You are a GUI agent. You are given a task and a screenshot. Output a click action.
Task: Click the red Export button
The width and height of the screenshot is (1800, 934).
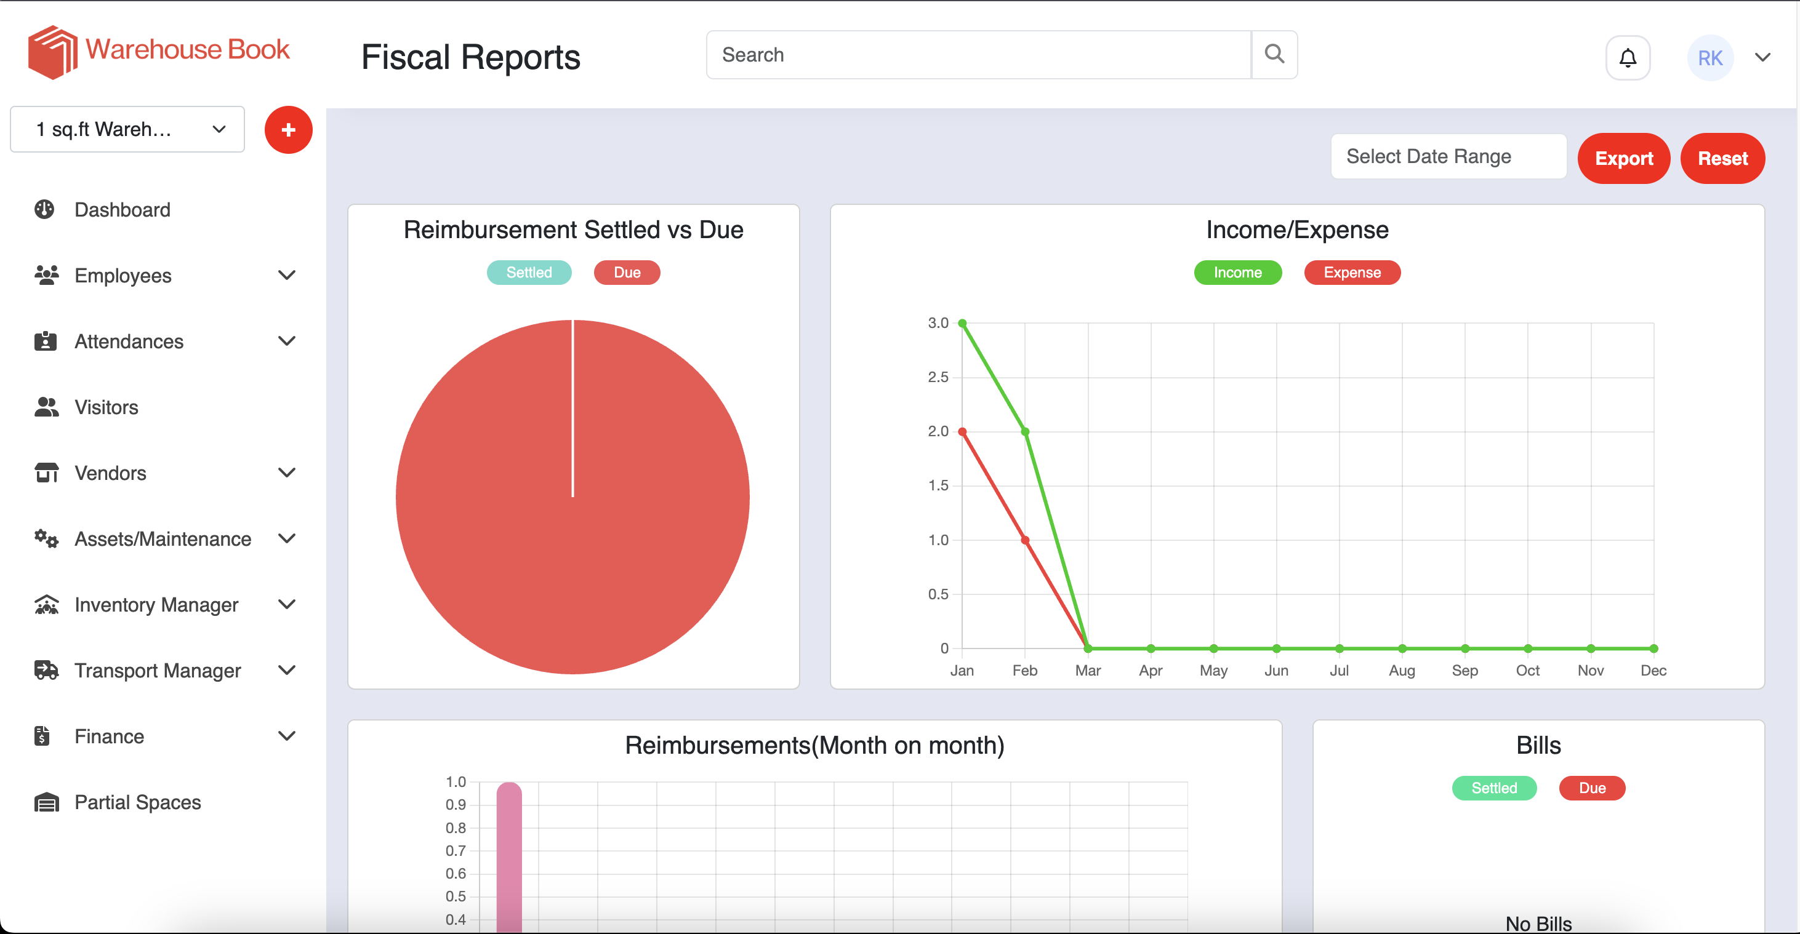1623,159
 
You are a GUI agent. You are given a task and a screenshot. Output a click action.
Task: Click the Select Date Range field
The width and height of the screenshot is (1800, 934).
1448,156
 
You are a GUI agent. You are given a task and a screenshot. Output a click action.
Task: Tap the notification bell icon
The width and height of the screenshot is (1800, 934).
1628,58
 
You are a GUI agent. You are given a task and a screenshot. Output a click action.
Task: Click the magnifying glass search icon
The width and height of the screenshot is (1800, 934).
1274,55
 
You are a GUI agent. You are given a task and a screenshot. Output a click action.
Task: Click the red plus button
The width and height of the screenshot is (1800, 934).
288,130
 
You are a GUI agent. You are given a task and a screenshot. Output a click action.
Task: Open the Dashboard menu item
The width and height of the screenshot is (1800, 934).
123,210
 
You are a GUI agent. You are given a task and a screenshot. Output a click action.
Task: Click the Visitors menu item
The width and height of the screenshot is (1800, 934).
106,407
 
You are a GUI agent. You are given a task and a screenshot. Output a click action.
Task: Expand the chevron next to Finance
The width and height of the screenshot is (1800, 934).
286,736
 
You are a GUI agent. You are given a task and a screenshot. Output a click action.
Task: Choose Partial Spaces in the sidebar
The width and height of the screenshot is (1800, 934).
138,802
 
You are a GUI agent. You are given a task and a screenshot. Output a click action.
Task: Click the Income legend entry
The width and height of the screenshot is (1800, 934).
1237,273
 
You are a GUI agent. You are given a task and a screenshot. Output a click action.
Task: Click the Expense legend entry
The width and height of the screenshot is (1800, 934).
1351,273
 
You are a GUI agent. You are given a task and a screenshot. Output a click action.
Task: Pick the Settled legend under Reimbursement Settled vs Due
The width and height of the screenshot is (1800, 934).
528,273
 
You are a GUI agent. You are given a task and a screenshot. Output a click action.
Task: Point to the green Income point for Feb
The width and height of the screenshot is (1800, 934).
1025,432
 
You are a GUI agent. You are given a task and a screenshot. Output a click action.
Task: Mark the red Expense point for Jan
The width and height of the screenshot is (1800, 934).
962,432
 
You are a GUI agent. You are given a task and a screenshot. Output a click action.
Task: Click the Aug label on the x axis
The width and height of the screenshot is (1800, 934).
1401,671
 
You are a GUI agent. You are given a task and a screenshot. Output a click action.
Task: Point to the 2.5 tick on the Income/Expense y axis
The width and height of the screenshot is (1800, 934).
938,377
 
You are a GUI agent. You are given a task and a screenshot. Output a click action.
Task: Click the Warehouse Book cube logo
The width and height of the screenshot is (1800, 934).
52,52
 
